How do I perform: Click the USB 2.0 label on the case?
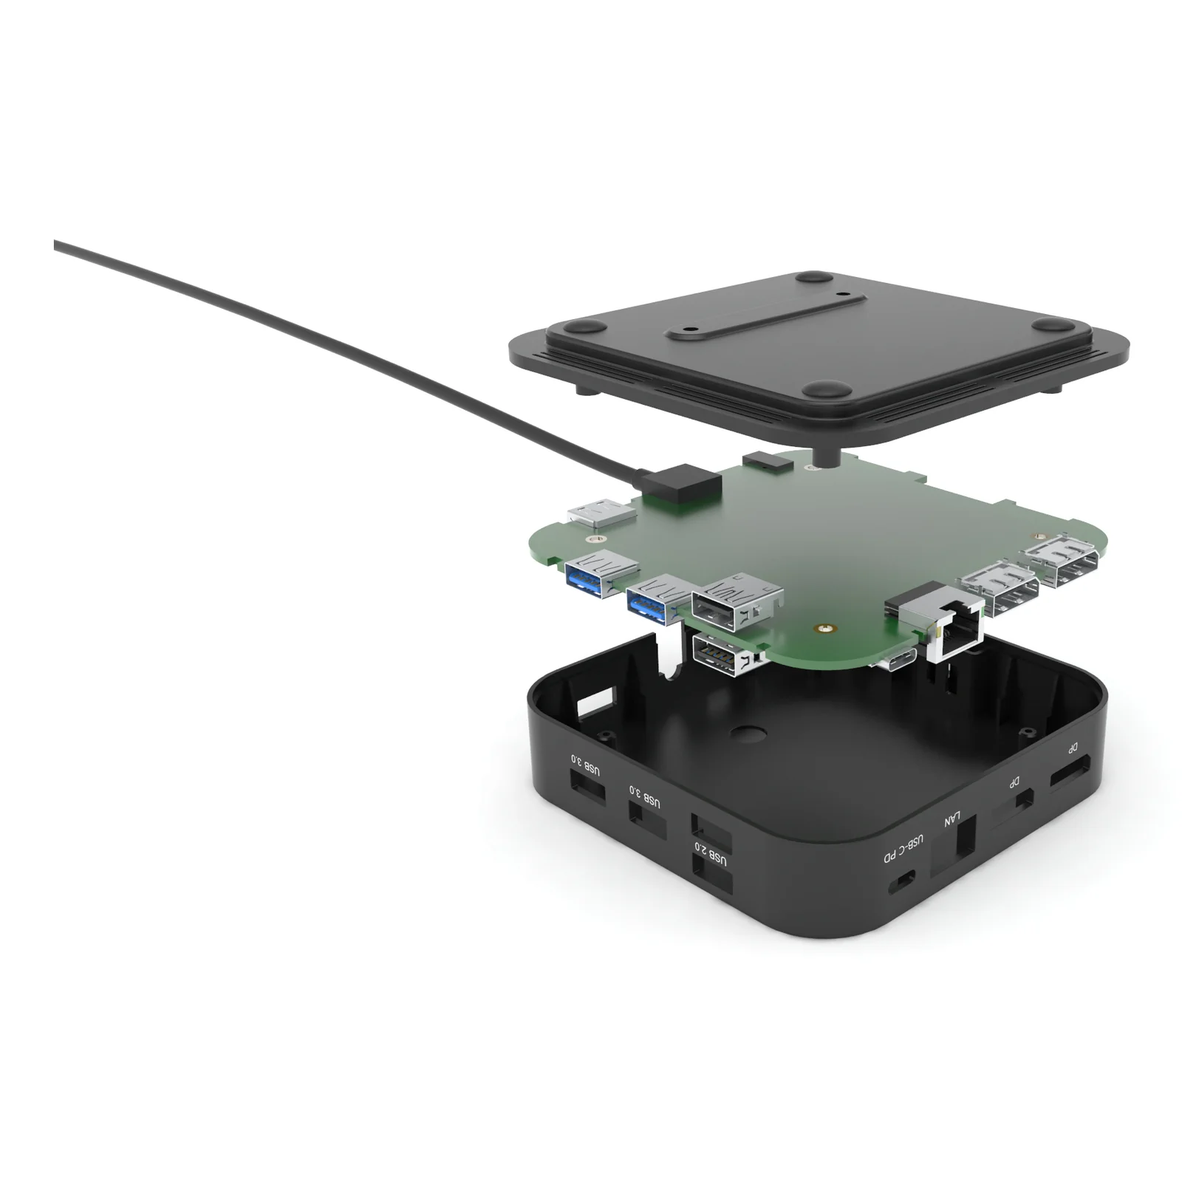click(x=710, y=853)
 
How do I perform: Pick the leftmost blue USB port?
click(x=600, y=574)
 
